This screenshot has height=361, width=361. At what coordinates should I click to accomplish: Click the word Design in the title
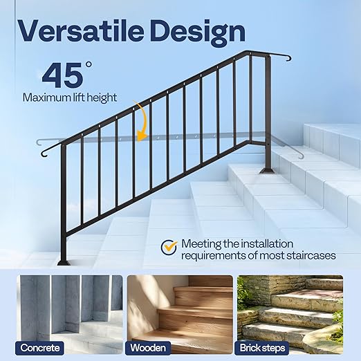pos(205,30)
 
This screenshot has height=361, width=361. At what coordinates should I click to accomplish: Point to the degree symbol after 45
pos(89,65)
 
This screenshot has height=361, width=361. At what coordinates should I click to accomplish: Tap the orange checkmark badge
pos(169,246)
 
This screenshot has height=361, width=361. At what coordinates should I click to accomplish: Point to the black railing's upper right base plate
pos(266,170)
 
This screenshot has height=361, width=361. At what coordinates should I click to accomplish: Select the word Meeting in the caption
pos(201,244)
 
